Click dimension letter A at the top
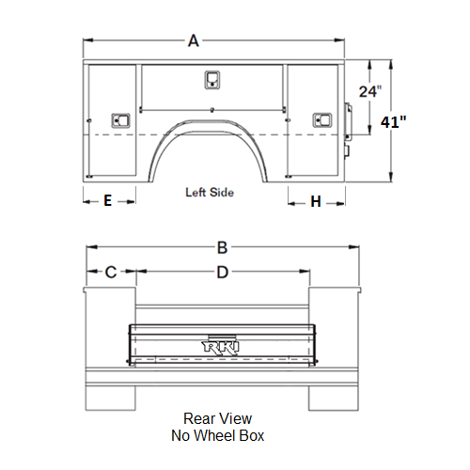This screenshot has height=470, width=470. [x=194, y=40]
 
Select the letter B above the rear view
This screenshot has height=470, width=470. [x=222, y=247]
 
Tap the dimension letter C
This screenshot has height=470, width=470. [x=111, y=272]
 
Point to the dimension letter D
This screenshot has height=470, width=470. [x=223, y=272]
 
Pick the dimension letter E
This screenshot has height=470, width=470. [x=108, y=200]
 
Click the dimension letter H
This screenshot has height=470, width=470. [x=316, y=201]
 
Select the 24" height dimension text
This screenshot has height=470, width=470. [x=370, y=91]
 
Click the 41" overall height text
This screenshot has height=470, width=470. [x=393, y=121]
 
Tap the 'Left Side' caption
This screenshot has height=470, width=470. [x=210, y=192]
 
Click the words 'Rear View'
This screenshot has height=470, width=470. [x=217, y=418]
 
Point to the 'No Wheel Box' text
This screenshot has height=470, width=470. [x=217, y=435]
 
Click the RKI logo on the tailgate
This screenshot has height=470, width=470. [x=220, y=347]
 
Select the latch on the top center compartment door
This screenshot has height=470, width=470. [x=212, y=80]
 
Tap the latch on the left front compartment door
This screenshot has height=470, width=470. [x=120, y=120]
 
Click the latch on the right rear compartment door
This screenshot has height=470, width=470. [x=322, y=120]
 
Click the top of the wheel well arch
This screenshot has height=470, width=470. [x=208, y=120]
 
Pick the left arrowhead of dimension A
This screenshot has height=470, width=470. [x=88, y=40]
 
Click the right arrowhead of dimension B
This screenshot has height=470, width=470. [x=354, y=247]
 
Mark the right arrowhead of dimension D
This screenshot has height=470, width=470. [x=305, y=272]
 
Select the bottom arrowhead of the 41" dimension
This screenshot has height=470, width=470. [x=391, y=177]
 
